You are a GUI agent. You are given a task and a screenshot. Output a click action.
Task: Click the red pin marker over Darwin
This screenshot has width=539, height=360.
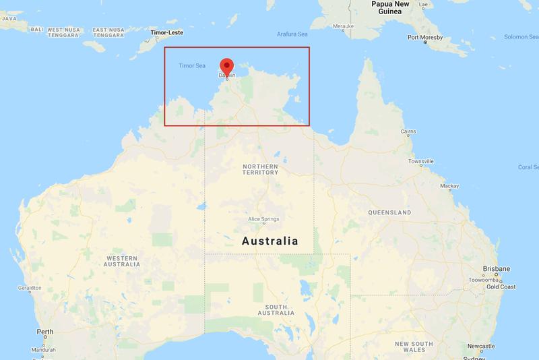tap(227, 66)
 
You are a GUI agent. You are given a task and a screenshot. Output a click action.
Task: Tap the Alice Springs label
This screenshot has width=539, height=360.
tap(263, 218)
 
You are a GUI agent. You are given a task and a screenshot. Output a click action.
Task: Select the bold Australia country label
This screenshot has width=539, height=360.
tap(269, 241)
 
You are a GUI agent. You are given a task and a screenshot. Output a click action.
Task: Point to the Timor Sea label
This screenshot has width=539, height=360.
tap(192, 65)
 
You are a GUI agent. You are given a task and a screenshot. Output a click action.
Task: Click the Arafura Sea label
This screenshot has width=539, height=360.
tap(292, 34)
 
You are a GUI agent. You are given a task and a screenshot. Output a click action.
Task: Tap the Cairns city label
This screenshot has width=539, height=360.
tap(408, 131)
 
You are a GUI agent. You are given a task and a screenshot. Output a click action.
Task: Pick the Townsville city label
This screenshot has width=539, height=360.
tap(420, 161)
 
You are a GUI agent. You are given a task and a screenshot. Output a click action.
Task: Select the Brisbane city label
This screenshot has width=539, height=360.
tap(496, 268)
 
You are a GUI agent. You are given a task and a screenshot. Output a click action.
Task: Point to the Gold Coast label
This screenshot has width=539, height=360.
tap(501, 287)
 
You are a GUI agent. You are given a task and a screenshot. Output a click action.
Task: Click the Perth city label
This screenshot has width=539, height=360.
tap(45, 332)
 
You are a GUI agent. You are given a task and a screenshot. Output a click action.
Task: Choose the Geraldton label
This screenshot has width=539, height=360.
tap(30, 288)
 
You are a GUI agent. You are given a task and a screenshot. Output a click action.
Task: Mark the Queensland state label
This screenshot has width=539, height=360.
tap(389, 212)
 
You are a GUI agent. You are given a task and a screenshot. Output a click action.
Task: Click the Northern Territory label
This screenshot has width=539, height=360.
tap(260, 169)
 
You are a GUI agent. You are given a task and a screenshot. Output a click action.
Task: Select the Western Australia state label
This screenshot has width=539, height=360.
tap(121, 261)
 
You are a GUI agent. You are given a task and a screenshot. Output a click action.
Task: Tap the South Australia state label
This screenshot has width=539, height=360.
tap(276, 309)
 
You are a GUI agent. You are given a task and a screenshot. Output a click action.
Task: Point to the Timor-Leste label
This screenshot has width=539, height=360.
tap(166, 32)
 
